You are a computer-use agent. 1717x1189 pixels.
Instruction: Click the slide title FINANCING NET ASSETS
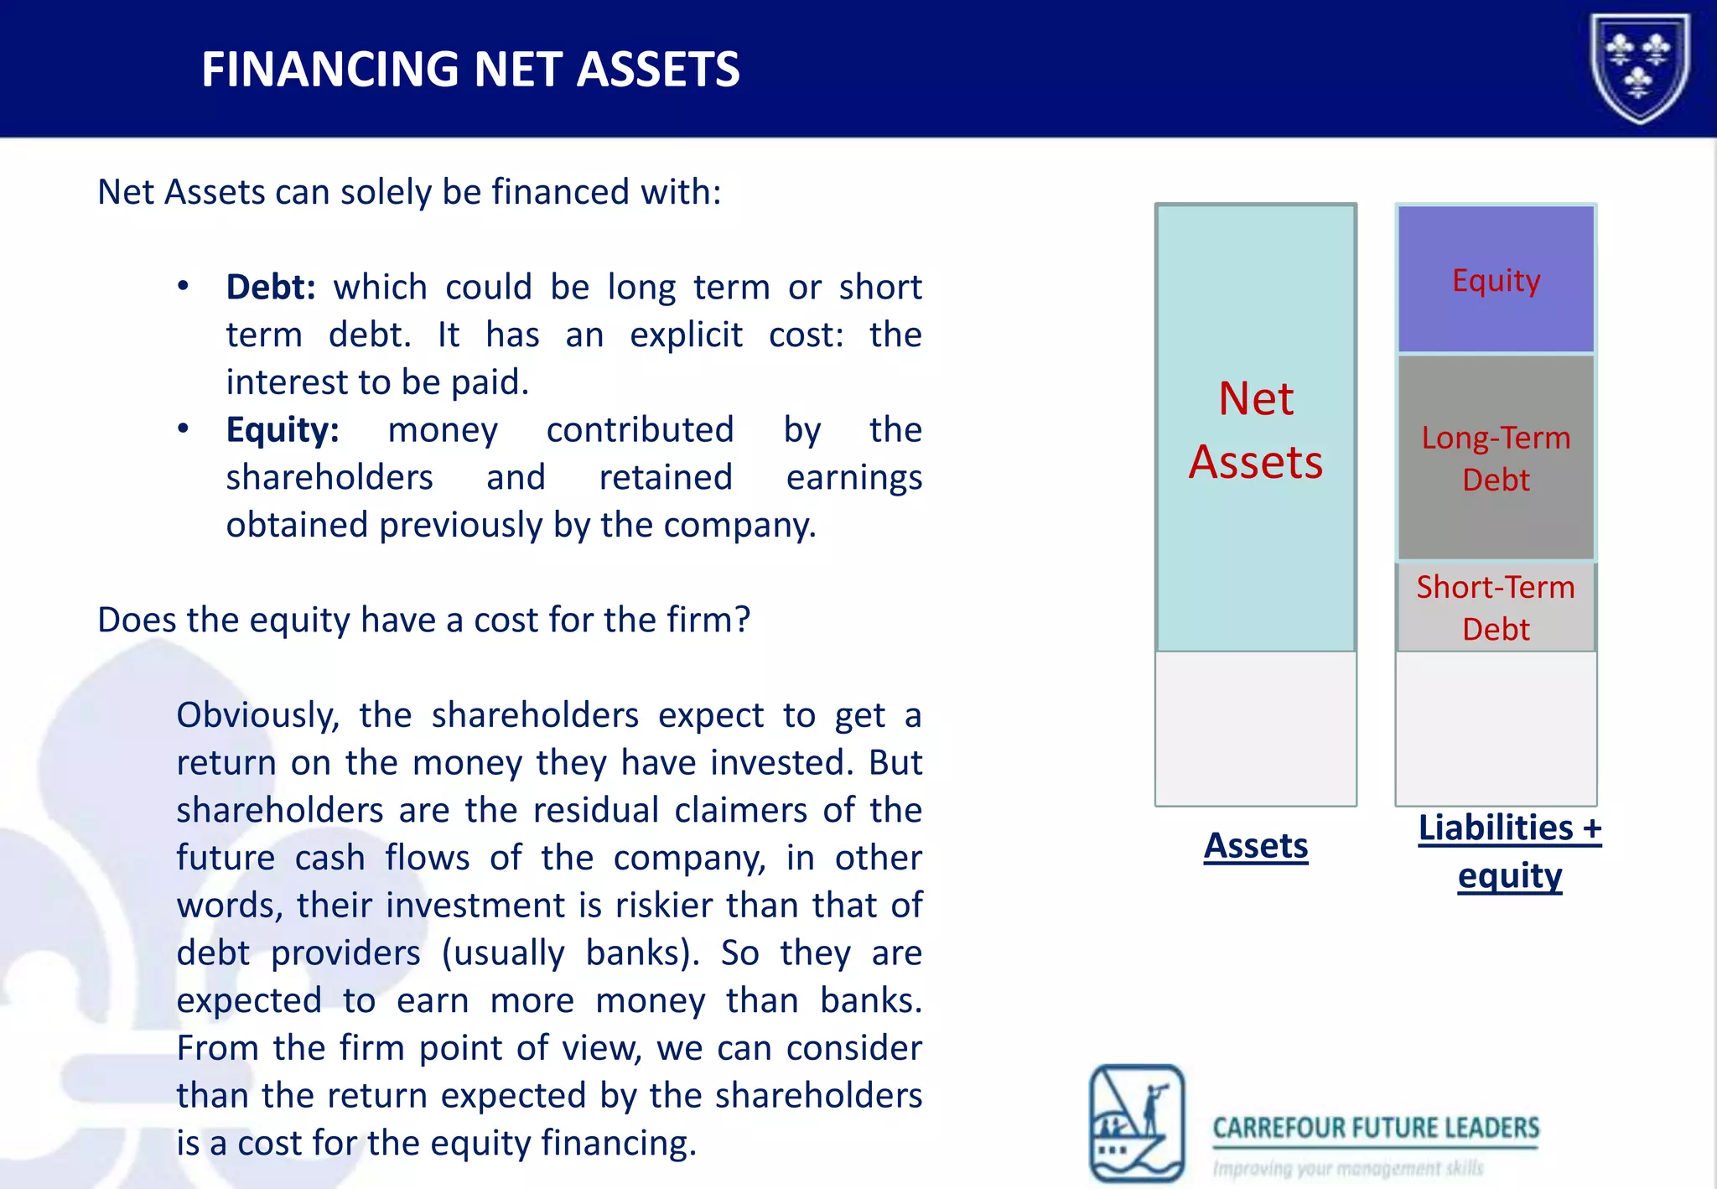470,70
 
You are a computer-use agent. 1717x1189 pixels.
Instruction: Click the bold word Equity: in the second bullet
283,430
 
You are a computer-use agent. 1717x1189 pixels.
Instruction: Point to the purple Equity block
1496,279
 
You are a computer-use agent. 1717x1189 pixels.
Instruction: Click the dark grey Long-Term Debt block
1496,458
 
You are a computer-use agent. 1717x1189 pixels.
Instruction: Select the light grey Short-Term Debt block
1496,607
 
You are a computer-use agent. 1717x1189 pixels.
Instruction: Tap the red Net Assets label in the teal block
1255,429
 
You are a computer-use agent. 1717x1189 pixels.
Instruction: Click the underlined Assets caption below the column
1255,845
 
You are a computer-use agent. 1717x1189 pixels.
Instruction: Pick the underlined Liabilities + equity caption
1509,851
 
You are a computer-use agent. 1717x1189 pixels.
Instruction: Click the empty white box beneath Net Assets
1255,728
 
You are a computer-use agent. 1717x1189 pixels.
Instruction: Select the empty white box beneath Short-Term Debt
1496,728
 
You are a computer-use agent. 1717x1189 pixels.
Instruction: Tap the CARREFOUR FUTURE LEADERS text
1376,1128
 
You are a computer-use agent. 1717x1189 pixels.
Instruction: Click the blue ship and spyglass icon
1136,1122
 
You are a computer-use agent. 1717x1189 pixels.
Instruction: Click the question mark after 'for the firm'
741,620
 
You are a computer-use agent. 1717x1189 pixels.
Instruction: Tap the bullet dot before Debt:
183,287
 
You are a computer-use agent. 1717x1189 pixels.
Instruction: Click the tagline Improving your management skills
1347,1168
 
